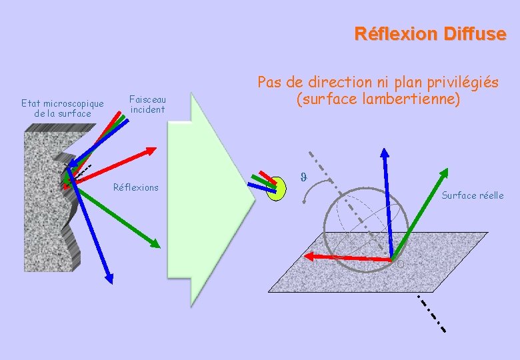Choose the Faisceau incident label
click(x=147, y=104)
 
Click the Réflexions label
click(x=136, y=187)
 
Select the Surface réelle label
click(x=473, y=195)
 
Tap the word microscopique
click(x=72, y=103)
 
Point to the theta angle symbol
click(x=303, y=177)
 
